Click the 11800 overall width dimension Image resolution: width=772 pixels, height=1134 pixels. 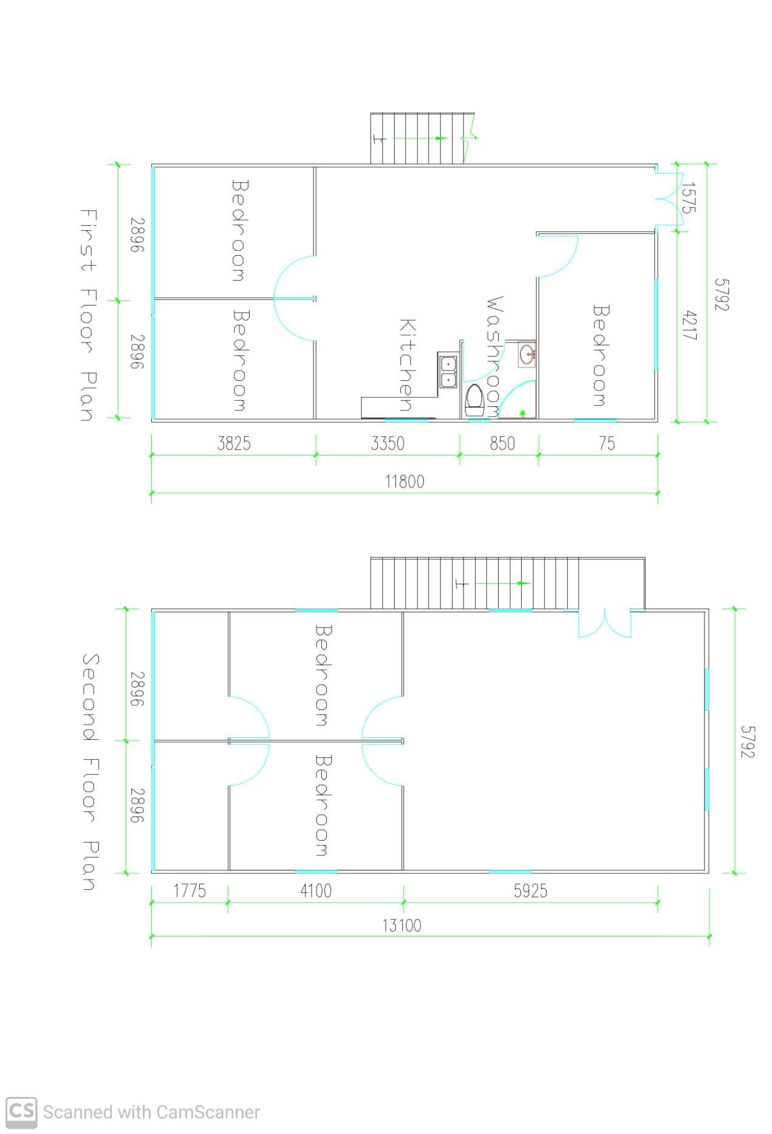point(405,482)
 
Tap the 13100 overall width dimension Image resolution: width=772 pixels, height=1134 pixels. point(401,925)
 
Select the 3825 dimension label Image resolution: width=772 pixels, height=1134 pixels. point(234,443)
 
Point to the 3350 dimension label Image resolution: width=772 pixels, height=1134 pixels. point(388,443)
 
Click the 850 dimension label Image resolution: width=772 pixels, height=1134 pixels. point(502,443)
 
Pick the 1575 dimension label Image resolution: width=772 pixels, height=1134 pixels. point(688,197)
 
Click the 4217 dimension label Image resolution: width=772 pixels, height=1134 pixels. point(690,325)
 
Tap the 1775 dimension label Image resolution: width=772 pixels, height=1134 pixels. point(190,890)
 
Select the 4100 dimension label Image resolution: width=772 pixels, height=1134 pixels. point(316,890)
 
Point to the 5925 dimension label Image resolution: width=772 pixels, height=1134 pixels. point(530,890)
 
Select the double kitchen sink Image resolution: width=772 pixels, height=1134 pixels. point(448,372)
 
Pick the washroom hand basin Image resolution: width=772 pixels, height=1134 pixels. point(527,354)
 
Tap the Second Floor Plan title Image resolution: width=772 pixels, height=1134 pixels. point(90,772)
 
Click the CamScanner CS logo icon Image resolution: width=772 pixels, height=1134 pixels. point(21,1111)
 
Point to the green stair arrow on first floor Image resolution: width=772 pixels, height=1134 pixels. point(420,138)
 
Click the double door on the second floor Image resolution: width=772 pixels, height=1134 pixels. point(604,624)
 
